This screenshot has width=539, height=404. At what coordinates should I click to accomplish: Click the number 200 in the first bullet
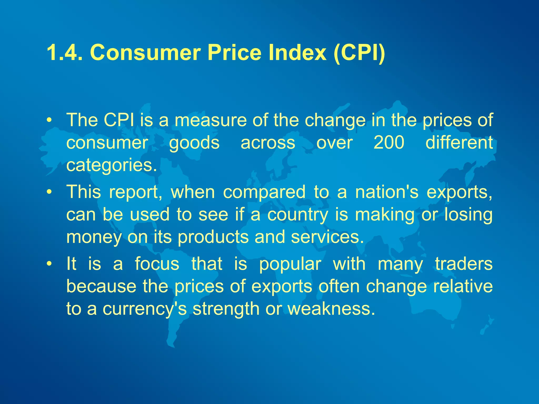389,143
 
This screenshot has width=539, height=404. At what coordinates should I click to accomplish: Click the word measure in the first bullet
211,120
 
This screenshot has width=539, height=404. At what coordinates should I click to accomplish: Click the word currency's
144,309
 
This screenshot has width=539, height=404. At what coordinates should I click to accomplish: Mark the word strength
226,309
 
